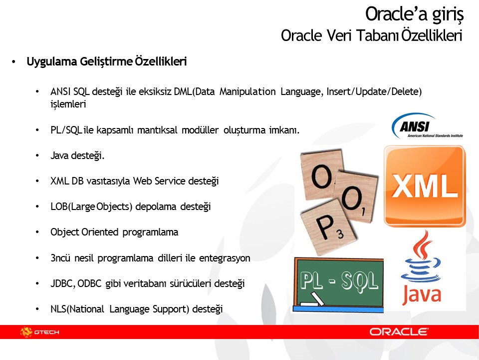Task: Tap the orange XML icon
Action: click(424, 186)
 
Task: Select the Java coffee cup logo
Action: click(422, 270)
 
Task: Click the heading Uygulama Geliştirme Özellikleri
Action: click(106, 62)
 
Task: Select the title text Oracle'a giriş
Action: click(414, 14)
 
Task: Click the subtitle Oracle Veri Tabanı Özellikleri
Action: click(372, 36)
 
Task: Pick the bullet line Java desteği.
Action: click(77, 155)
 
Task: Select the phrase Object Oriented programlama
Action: click(114, 232)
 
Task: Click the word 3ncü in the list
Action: click(59, 258)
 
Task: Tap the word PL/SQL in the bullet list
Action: click(66, 130)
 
